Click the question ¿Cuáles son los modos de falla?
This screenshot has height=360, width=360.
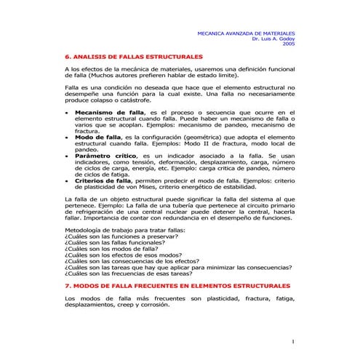[106, 248]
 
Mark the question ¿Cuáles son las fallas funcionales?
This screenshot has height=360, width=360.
[116, 241]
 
